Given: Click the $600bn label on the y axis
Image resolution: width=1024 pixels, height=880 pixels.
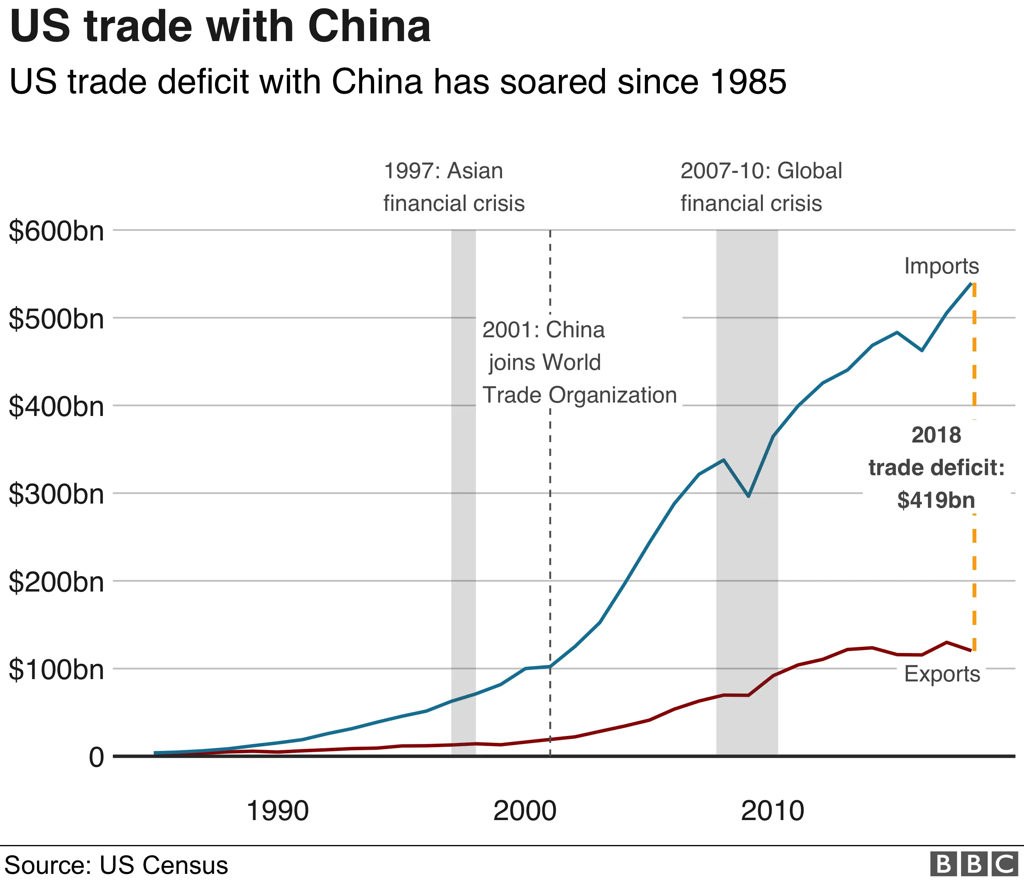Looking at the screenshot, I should point(56,231).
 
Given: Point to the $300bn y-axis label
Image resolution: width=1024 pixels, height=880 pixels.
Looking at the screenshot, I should point(56,494).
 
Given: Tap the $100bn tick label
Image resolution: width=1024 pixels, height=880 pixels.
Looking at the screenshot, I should point(56,670).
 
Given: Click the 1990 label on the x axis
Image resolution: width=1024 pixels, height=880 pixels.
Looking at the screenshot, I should point(277,811).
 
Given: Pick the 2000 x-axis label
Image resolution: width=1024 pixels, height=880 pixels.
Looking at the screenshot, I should point(525,811).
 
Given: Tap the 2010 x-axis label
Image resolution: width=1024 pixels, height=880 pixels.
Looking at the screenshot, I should point(772,811).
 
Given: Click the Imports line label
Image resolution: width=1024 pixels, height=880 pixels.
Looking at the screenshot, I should point(941,266).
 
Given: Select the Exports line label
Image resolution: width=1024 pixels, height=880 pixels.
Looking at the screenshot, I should point(942,674).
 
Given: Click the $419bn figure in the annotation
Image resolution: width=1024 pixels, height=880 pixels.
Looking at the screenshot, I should point(936,500).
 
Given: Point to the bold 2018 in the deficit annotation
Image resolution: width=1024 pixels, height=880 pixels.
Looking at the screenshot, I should point(936,435).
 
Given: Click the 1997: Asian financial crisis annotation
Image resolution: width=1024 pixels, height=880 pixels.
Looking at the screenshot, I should point(454,187).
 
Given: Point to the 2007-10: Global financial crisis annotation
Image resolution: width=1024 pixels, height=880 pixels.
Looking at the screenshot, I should point(761,187).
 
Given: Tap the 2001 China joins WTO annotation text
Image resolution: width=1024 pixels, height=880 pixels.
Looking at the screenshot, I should point(579,362).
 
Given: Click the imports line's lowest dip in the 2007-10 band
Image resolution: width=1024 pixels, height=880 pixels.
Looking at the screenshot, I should point(749,496).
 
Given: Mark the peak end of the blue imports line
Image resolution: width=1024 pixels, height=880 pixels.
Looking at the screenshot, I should point(971,283).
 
